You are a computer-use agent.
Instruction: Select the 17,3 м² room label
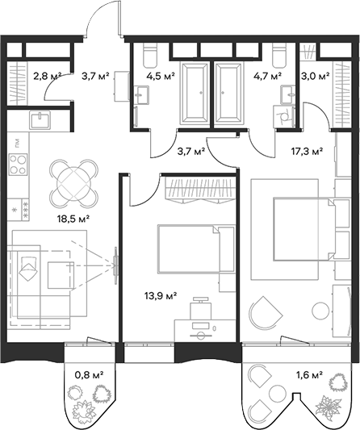point(308,150)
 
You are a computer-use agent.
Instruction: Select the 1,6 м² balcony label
point(309,374)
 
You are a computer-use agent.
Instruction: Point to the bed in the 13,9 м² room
point(186,252)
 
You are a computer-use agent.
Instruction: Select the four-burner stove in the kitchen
point(19,165)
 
